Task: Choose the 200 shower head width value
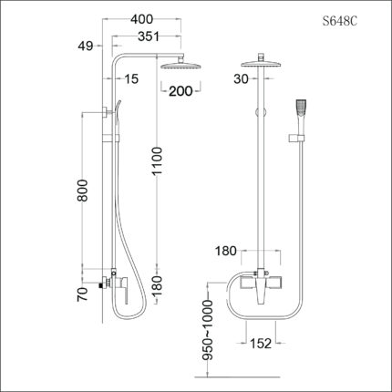(180, 91)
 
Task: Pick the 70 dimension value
(82, 293)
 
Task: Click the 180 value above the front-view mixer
(226, 250)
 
